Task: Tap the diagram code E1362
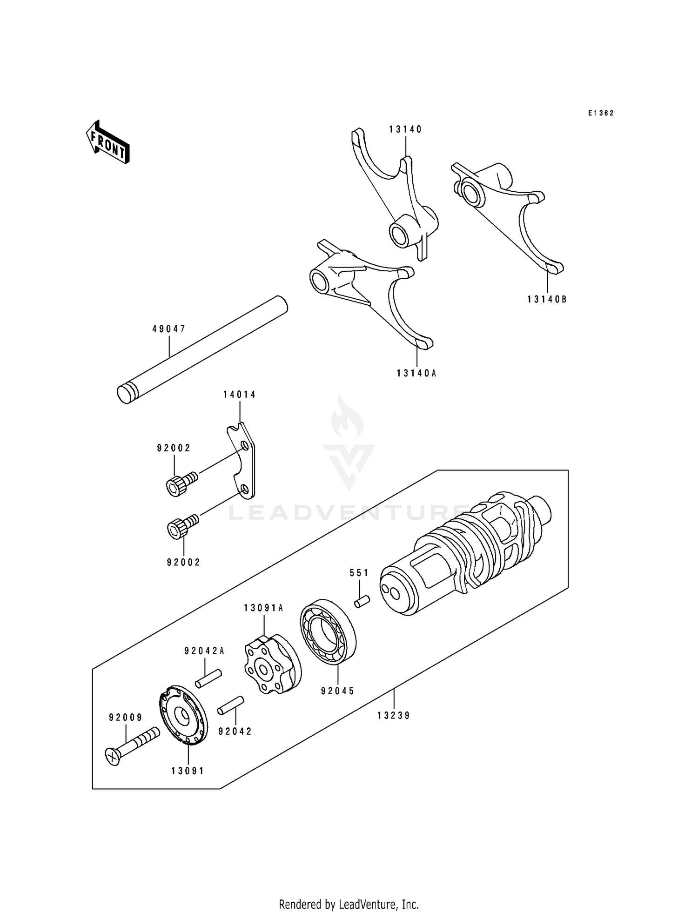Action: tap(600, 113)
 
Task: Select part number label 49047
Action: tap(169, 329)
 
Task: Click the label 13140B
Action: tap(547, 300)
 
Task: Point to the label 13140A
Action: tap(417, 373)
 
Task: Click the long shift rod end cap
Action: tap(124, 393)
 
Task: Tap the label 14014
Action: tap(239, 395)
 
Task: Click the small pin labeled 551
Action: tap(362, 601)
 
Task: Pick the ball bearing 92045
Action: tap(327, 634)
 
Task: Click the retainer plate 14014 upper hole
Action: tap(244, 447)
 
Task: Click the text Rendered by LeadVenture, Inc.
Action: tap(349, 904)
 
